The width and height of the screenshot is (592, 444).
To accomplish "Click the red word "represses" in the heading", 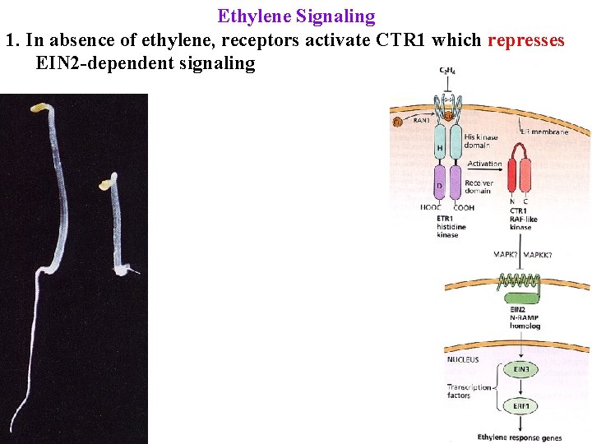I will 525,40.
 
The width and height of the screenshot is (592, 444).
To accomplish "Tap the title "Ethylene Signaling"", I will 296,16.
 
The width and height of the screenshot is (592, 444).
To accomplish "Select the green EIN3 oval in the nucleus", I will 522,370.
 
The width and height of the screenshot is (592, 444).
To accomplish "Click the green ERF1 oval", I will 522,406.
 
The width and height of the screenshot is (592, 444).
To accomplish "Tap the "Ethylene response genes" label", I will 519,436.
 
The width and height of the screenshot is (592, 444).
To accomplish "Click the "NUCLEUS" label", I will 463,359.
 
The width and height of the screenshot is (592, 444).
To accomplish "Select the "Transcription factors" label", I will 468,391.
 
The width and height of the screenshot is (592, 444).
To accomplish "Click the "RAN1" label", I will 422,120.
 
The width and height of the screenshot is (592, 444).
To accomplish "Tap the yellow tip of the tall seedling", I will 38,107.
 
